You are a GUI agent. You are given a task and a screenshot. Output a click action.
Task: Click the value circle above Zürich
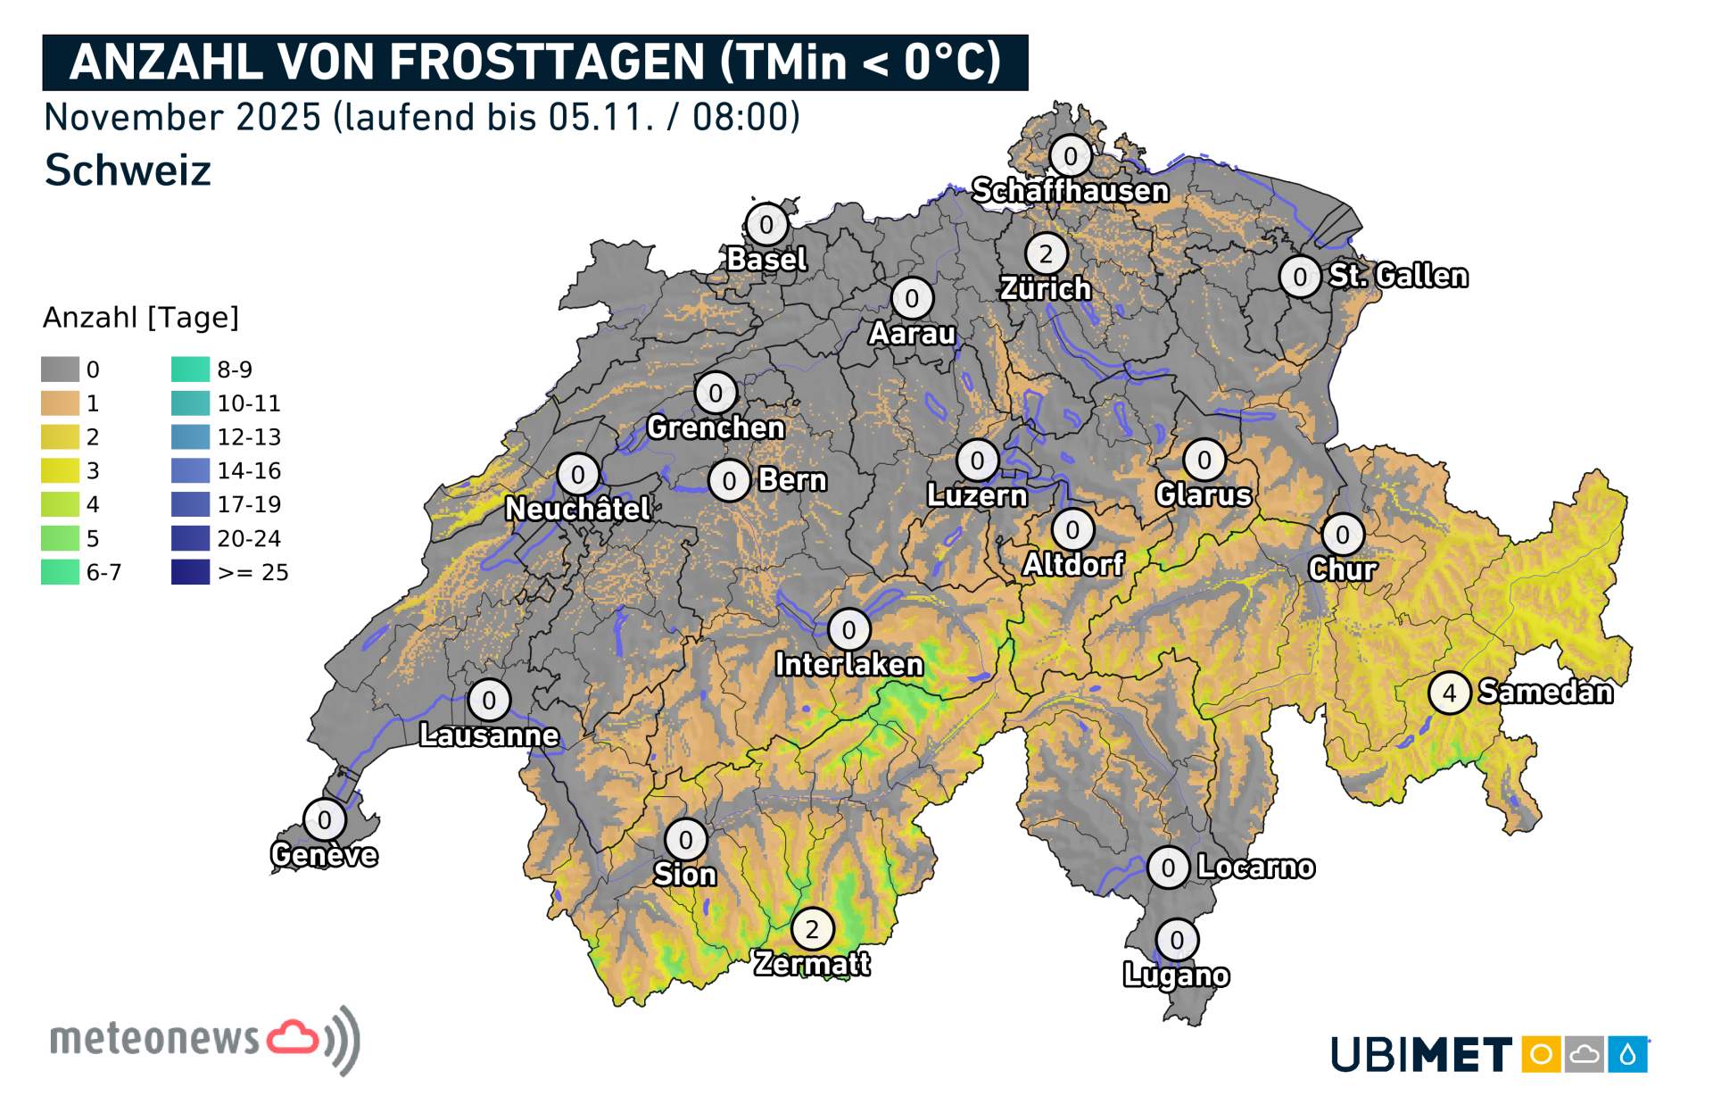(1046, 254)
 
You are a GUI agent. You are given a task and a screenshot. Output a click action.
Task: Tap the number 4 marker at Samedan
(1449, 693)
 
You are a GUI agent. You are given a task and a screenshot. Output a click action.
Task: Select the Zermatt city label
(811, 964)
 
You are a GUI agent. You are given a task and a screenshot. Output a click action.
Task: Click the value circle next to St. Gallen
(1300, 277)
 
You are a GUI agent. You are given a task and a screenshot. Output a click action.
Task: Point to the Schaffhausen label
(1070, 191)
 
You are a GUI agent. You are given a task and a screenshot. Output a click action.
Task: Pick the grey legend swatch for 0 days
(60, 369)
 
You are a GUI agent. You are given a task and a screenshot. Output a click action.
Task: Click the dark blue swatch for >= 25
(190, 572)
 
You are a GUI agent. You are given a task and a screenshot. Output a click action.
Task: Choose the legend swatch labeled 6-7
(60, 572)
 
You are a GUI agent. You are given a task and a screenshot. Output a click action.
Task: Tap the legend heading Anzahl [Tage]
(141, 318)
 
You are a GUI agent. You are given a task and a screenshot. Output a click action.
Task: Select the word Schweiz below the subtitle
(128, 170)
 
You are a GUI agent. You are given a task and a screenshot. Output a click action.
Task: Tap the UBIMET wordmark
(1420, 1055)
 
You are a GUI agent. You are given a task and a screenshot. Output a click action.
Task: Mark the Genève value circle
(324, 819)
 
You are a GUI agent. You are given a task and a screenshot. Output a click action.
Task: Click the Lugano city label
(1176, 976)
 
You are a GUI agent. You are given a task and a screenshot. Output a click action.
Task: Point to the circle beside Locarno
(1168, 868)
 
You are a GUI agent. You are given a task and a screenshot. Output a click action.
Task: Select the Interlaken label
(848, 665)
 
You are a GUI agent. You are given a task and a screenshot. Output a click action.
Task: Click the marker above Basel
(765, 225)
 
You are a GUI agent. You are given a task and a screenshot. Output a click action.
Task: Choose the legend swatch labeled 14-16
(190, 470)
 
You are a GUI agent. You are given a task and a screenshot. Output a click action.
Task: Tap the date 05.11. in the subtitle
(601, 117)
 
